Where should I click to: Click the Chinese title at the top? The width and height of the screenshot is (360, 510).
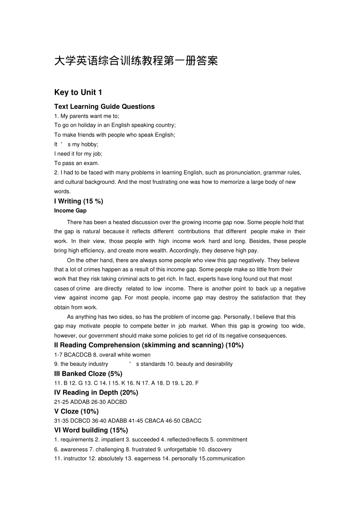(136, 61)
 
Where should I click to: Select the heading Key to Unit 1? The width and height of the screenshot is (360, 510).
(78, 92)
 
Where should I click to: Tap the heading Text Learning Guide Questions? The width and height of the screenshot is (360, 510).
(104, 106)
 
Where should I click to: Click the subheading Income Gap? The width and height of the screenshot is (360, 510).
(70, 211)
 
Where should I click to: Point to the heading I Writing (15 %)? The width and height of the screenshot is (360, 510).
(79, 201)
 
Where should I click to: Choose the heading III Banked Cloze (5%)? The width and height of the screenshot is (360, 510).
(88, 373)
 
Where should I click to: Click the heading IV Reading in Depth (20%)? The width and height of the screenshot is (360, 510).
(96, 392)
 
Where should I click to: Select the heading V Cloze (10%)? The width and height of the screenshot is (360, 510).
(76, 411)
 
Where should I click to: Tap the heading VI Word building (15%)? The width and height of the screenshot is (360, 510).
(91, 430)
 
